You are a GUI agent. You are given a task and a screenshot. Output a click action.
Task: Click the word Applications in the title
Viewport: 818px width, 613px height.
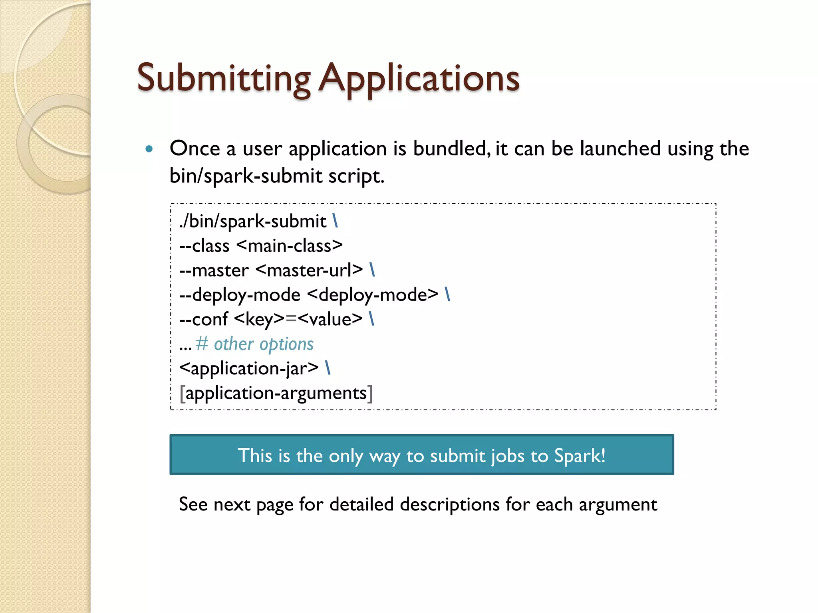click(419, 78)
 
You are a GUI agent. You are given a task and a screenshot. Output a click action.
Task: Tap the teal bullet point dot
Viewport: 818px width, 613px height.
click(149, 149)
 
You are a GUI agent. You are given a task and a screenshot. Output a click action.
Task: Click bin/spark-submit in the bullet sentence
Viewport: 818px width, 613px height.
click(246, 176)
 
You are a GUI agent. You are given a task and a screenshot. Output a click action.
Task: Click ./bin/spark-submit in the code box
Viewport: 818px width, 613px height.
click(253, 221)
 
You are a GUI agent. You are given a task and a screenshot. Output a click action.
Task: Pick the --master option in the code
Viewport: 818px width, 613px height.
click(214, 271)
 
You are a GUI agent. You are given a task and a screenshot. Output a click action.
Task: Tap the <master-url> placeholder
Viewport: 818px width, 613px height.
click(309, 270)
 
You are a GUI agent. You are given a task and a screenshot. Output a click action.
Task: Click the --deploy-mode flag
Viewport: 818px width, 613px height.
click(240, 295)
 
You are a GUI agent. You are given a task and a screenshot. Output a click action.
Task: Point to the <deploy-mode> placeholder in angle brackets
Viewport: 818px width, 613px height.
click(373, 295)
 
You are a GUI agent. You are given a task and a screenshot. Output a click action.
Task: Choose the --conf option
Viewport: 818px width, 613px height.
click(204, 320)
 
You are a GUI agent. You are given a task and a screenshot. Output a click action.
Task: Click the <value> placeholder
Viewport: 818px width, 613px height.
click(330, 320)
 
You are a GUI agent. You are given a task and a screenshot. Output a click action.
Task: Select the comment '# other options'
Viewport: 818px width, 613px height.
click(255, 344)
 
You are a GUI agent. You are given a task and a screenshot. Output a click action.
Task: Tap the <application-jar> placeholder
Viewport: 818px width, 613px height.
click(249, 368)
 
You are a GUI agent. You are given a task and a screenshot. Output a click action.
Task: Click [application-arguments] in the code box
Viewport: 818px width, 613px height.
click(276, 394)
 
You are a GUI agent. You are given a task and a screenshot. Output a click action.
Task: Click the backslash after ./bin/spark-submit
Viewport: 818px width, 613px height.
click(335, 221)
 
